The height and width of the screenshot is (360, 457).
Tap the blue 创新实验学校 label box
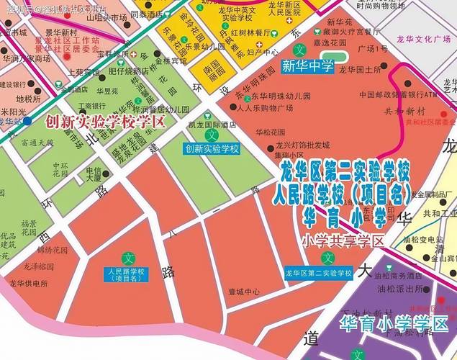point(212,149)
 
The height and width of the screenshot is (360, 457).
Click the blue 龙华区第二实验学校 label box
point(317,274)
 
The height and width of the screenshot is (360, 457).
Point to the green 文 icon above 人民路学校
point(130,257)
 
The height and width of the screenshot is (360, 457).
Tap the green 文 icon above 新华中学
point(301,51)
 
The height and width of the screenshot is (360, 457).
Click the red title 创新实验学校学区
point(106,121)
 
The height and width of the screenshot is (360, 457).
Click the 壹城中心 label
point(243,292)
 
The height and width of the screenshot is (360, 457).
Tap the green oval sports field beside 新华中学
point(334,55)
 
